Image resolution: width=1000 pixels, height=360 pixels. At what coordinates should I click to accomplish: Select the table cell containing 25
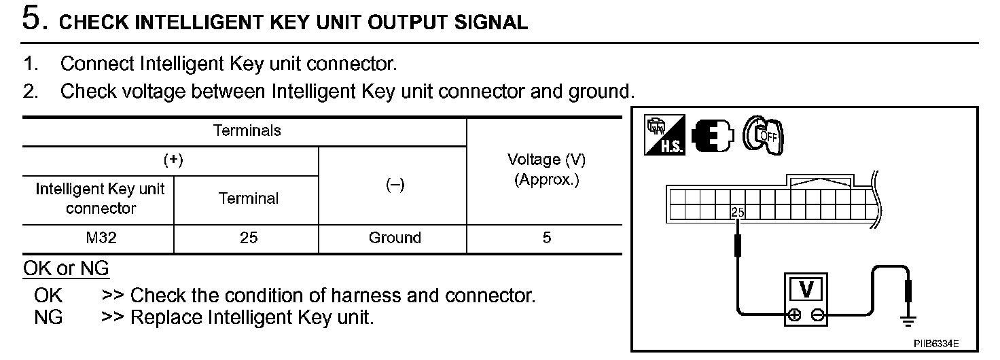(x=249, y=238)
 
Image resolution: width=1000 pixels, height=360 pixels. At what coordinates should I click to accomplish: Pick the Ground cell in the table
(x=394, y=238)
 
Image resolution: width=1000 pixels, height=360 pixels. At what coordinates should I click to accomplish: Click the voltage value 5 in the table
(x=547, y=238)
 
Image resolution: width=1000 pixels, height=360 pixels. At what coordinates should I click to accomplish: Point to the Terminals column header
(x=247, y=130)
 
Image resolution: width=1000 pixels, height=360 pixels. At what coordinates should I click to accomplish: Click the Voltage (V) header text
(x=546, y=160)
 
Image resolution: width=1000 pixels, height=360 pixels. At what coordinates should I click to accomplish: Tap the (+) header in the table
(x=173, y=160)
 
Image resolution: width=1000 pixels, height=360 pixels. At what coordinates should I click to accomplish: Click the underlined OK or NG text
(x=66, y=269)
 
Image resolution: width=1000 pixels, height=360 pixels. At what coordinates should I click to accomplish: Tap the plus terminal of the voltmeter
(x=793, y=315)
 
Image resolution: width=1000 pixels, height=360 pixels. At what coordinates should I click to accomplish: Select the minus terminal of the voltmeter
(x=818, y=315)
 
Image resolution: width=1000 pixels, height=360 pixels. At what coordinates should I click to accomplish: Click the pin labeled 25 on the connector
(x=737, y=213)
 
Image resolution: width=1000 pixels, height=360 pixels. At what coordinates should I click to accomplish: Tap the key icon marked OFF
(x=764, y=136)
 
